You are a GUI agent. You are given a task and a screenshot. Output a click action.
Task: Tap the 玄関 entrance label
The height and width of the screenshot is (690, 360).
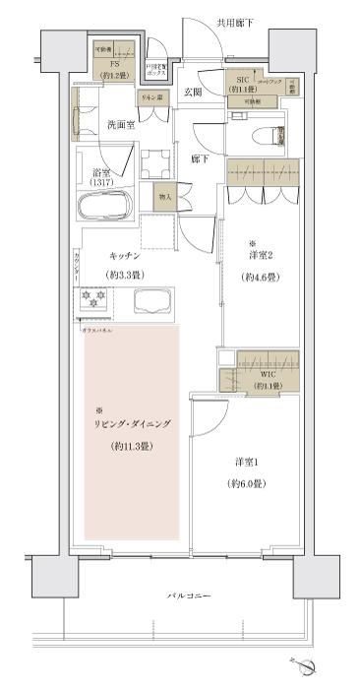(192, 93)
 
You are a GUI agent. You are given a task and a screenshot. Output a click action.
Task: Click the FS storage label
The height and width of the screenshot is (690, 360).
(115, 66)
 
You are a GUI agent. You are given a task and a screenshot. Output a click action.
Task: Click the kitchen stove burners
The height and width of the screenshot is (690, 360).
(92, 301)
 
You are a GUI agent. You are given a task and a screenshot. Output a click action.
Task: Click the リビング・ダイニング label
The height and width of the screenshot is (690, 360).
(132, 423)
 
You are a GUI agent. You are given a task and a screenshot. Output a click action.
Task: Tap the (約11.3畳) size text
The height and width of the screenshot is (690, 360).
(132, 447)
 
